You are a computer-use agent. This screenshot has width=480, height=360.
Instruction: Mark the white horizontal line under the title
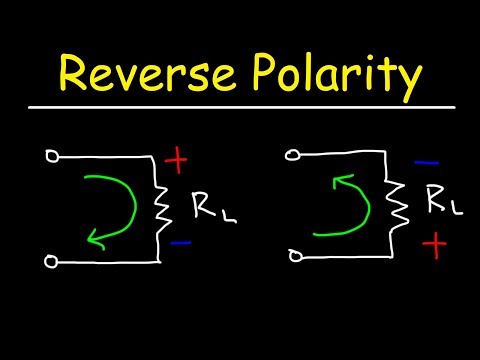point(240,106)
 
